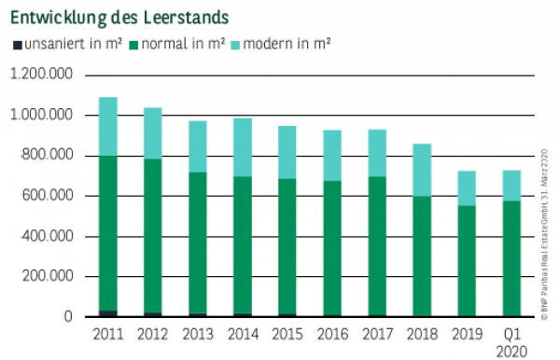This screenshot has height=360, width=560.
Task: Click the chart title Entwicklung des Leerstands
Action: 120,18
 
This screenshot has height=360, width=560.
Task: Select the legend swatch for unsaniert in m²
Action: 16,44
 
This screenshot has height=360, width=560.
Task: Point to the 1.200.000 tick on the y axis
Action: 42,76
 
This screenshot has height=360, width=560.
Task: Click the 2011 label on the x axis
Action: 108,333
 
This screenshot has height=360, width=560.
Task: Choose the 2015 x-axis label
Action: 287,333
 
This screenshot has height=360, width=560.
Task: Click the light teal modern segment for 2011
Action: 108,126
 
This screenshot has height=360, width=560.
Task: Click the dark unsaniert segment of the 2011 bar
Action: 108,314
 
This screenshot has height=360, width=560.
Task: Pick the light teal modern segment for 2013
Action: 198,146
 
